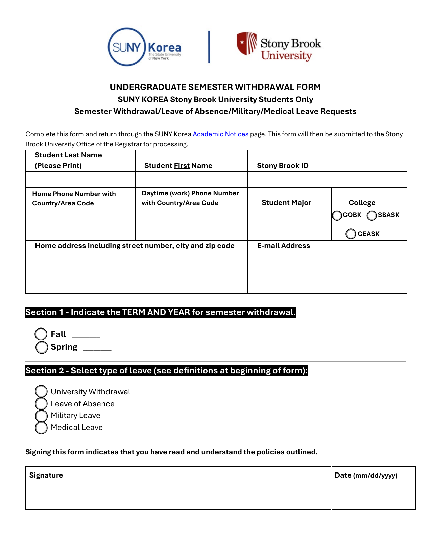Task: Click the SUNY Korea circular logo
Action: point(126,47)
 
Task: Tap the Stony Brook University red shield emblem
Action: point(246,43)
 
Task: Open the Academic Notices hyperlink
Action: point(220,134)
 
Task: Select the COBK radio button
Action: point(337,215)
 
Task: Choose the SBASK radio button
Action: point(372,215)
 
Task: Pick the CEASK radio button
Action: point(351,234)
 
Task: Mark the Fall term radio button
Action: point(41,334)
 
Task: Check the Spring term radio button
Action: point(42,347)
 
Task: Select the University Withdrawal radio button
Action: point(41,391)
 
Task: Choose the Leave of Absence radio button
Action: point(41,404)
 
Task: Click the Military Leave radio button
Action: point(41,416)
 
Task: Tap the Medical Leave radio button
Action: point(41,428)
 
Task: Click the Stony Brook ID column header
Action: point(283,166)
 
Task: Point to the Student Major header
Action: point(286,203)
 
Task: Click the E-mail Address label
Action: point(283,246)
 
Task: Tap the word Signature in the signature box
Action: point(46,475)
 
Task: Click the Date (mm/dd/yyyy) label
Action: point(366,475)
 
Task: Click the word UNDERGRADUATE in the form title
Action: point(148,87)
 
